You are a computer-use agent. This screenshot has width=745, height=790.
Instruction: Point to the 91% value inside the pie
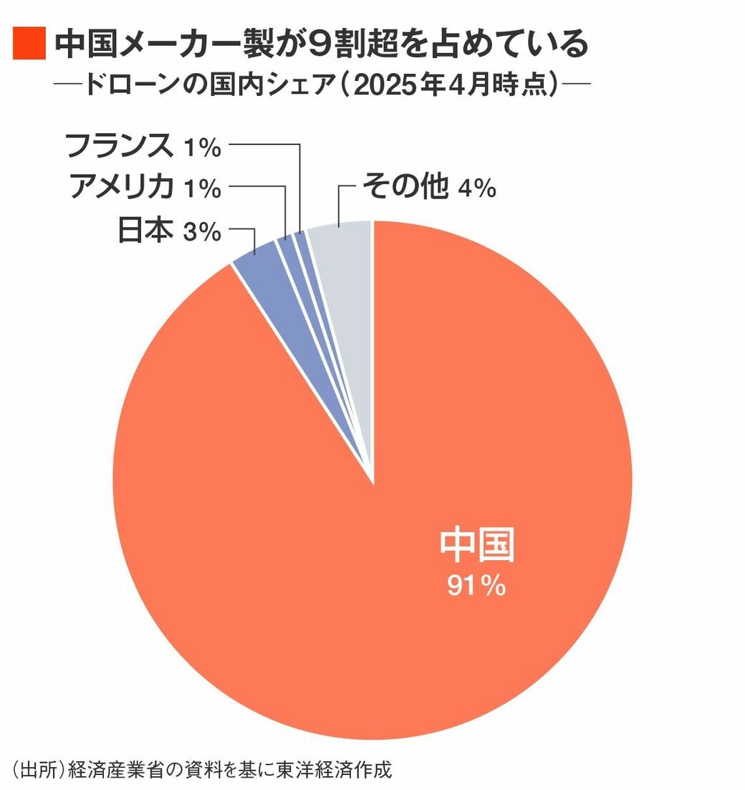coord(477,587)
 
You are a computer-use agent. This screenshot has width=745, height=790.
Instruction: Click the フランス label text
coord(118,146)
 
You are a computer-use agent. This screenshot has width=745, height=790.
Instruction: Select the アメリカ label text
coord(122,188)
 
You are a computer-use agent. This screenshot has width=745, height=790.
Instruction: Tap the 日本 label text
coord(145,231)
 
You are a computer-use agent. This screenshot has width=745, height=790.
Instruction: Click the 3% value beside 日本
coord(201,232)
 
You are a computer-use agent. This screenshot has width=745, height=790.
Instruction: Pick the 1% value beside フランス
coord(201,148)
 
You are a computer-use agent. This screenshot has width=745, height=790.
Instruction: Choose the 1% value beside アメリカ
coord(201,190)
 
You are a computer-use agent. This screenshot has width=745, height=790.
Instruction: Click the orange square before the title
coord(29,44)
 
